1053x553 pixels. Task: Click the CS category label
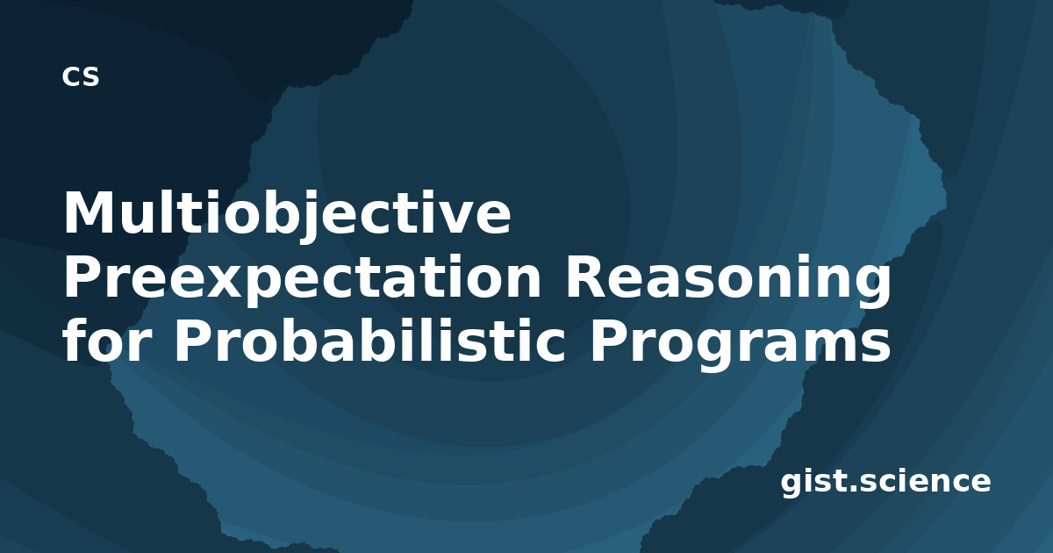81,76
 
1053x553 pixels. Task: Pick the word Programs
741,343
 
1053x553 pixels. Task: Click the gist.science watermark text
885,482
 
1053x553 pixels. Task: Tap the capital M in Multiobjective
89,212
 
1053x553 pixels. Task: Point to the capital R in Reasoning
589,276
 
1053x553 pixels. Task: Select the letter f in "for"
75,339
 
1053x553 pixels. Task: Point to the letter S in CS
90,76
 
